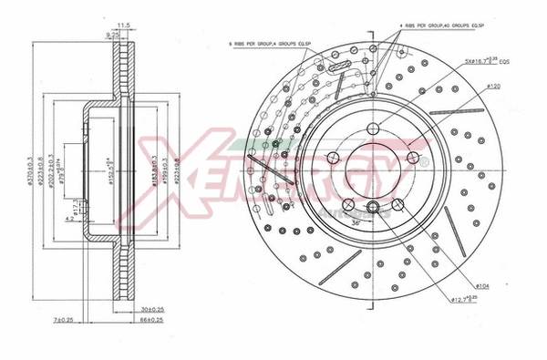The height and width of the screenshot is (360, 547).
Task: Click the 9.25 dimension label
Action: click(114, 33)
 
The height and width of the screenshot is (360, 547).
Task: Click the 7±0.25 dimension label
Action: click(64, 321)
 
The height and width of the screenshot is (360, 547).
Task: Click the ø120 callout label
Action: click(495, 86)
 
